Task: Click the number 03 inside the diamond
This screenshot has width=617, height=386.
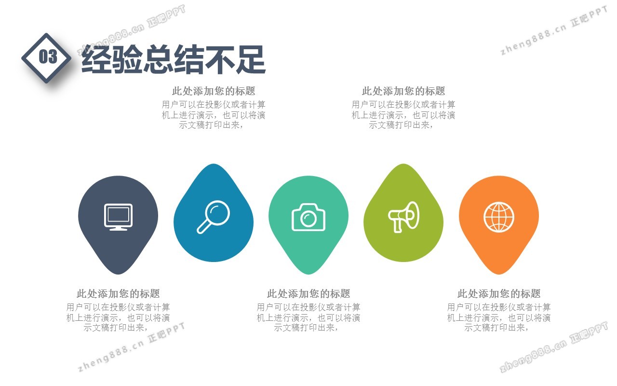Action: point(48,56)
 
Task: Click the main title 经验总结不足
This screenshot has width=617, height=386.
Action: point(174,59)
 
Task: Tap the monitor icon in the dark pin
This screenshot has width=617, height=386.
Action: point(119,217)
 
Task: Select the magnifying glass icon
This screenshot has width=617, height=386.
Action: point(214,217)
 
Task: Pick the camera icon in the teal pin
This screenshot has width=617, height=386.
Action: point(308,217)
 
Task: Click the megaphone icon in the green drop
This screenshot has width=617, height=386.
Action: point(404,217)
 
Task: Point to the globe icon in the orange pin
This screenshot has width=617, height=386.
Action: point(499,217)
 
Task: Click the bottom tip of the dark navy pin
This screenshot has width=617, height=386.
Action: point(119,275)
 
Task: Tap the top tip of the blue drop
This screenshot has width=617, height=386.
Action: point(214,164)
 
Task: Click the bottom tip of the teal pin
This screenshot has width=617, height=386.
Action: point(308,275)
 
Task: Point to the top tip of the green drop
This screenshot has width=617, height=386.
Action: point(404,164)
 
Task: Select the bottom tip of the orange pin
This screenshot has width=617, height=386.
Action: point(499,275)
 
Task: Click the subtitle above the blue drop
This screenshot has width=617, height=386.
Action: point(214,91)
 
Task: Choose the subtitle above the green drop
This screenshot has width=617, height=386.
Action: point(403,91)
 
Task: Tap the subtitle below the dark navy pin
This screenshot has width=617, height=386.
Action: point(119,294)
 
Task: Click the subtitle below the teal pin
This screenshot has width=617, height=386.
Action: point(308,294)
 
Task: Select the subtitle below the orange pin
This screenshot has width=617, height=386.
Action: point(499,294)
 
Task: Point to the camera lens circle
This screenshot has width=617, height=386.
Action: point(308,219)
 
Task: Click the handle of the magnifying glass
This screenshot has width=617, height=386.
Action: point(203,227)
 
